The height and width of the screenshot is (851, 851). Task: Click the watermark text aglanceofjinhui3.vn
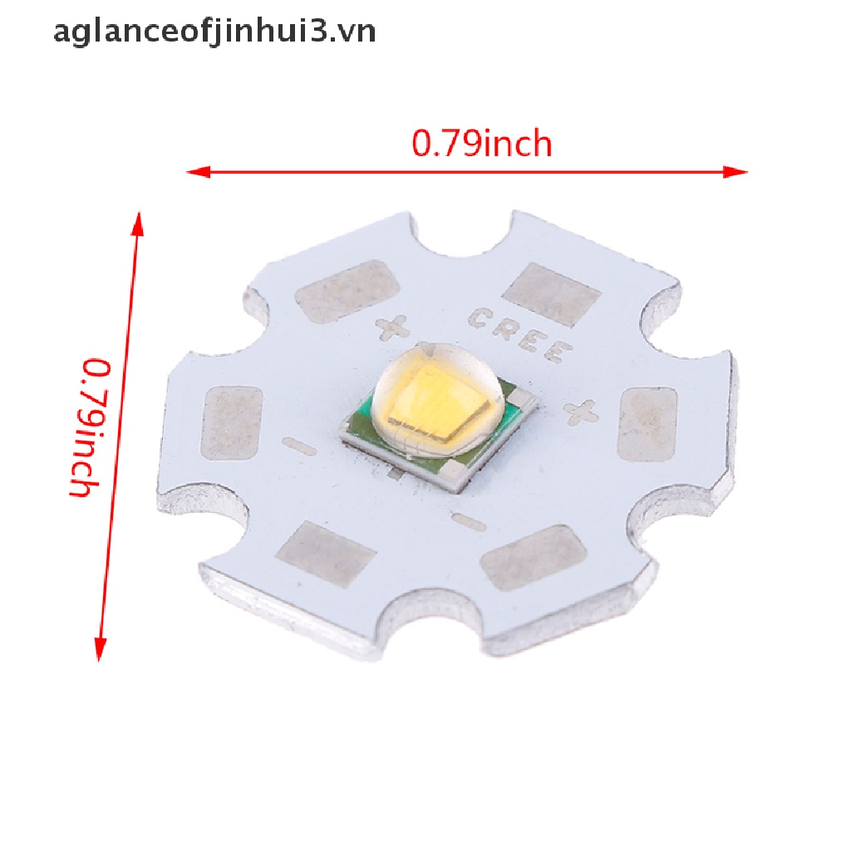214,32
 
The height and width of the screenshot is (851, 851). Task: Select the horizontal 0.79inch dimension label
482,145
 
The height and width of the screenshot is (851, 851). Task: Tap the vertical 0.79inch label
89,427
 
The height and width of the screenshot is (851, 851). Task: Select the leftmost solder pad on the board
232,423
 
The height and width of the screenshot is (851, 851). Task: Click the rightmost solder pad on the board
649,425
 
